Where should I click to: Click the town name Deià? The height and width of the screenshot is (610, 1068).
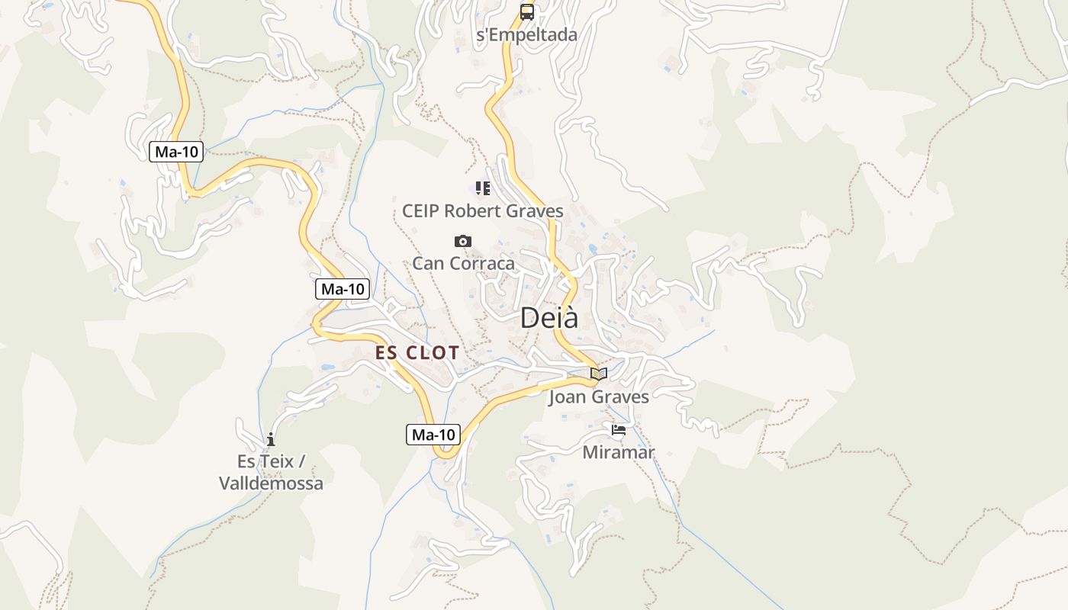click(549, 318)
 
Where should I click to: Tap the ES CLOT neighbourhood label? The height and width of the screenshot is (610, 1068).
click(417, 352)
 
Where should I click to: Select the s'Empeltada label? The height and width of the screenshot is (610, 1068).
click(526, 34)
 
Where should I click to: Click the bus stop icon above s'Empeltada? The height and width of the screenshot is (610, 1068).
click(527, 11)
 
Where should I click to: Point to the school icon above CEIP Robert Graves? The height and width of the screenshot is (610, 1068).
click(483, 188)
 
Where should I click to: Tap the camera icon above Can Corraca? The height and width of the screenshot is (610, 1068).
click(462, 242)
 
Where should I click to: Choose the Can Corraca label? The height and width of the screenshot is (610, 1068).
click(463, 263)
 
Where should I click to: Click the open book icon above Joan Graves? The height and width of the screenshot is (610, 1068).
click(599, 374)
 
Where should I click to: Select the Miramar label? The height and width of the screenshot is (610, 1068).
click(619, 452)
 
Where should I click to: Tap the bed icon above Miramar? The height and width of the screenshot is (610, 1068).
click(619, 431)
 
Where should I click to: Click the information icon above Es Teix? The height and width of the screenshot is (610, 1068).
click(270, 439)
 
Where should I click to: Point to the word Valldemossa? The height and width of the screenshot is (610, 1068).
click(271, 483)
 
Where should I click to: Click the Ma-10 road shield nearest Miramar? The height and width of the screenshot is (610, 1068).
click(433, 435)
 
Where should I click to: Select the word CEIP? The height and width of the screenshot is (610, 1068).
click(421, 210)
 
